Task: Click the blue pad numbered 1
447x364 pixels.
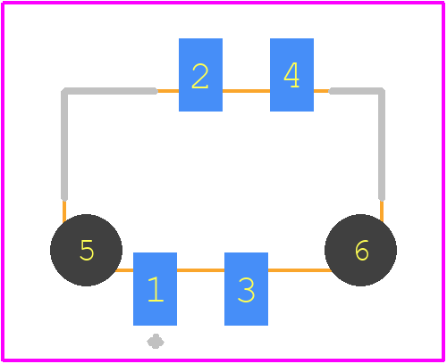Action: click(x=155, y=289)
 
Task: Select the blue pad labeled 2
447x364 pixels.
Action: click(x=200, y=75)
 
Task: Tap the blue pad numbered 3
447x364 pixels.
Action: click(x=246, y=289)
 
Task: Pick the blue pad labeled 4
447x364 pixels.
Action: click(x=291, y=75)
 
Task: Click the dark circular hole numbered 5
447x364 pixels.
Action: click(x=86, y=250)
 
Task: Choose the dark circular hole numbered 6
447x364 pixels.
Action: click(x=360, y=250)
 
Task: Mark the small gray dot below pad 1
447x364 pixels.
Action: click(x=156, y=342)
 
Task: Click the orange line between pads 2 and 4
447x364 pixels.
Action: click(x=246, y=91)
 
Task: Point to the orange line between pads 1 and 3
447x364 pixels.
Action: click(x=200, y=270)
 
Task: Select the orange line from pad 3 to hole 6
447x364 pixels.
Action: click(x=299, y=270)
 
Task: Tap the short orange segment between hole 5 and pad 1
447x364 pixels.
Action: click(x=124, y=270)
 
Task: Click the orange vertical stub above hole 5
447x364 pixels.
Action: click(x=64, y=211)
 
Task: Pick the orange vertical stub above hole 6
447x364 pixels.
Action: click(x=382, y=211)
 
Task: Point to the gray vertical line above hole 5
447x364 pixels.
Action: click(x=64, y=145)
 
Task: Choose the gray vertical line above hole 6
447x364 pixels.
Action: click(x=382, y=145)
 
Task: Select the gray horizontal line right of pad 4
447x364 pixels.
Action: click(x=355, y=91)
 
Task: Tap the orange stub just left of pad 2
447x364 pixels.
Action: click(x=168, y=91)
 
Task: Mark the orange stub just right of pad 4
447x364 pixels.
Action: click(x=322, y=91)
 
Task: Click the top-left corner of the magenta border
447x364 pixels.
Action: click(x=3, y=3)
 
